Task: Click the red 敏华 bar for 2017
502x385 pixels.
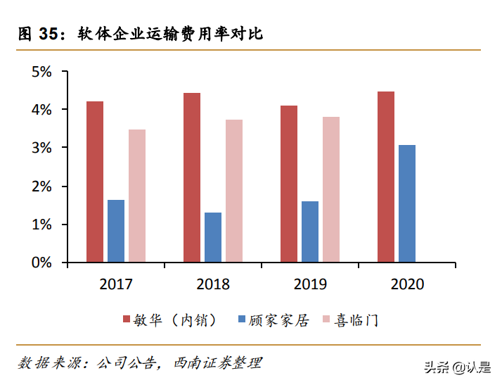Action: [95, 182]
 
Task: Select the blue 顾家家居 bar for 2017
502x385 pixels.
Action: [116, 231]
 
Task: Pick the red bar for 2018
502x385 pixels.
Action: [192, 177]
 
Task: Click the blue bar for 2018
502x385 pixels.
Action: [213, 237]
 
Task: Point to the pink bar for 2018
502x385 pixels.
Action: [234, 191]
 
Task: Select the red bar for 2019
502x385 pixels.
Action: [289, 184]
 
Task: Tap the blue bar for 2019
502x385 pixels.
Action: [310, 232]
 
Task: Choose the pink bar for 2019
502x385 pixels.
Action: [331, 189]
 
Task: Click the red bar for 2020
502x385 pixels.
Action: [386, 177]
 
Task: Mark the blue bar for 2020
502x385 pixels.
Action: [407, 203]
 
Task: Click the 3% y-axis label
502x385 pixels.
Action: [41, 148]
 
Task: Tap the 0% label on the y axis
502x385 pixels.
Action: [41, 263]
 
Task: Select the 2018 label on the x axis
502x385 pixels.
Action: [213, 284]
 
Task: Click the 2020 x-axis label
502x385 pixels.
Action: [407, 284]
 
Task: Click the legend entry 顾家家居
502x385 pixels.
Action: [273, 320]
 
